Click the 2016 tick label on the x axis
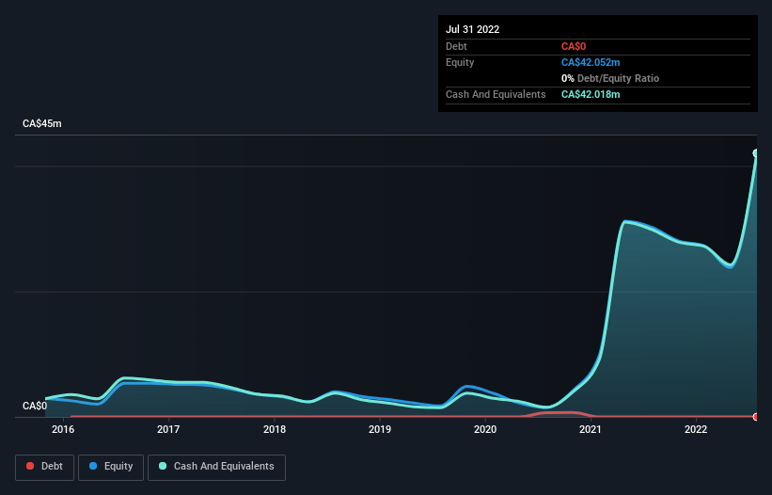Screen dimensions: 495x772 (x=63, y=429)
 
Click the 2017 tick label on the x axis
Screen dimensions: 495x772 (x=168, y=429)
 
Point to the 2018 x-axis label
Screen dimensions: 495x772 (x=275, y=429)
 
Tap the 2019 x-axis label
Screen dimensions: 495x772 (x=380, y=429)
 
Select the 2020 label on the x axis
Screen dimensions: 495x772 (x=485, y=429)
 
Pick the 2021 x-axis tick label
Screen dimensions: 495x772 (x=591, y=429)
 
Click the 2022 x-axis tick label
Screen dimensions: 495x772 (x=696, y=429)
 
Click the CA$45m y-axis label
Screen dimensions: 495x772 (x=41, y=124)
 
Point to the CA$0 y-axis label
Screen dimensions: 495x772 (x=35, y=406)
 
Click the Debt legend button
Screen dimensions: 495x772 (x=43, y=466)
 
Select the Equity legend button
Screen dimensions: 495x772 (x=111, y=466)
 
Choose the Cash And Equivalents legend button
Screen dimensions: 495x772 (x=216, y=466)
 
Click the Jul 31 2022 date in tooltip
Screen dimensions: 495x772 (x=473, y=29)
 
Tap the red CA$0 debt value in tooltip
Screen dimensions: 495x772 (x=575, y=46)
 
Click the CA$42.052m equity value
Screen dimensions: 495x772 (x=591, y=62)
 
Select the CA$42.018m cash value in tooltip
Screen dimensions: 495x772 (x=591, y=94)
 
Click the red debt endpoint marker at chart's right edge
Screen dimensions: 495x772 (x=756, y=416)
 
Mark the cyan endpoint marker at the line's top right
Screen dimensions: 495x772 (x=756, y=153)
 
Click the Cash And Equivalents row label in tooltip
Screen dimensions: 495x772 (x=496, y=94)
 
